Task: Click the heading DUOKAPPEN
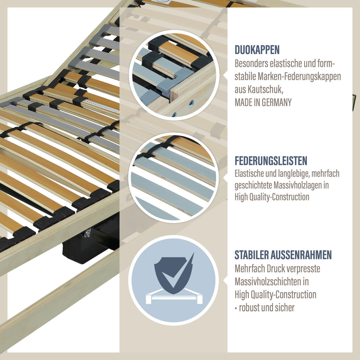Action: (x=257, y=50)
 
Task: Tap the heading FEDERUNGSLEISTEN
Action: (x=271, y=161)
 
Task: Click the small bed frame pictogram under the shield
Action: (x=174, y=297)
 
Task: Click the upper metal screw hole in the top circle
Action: (x=191, y=103)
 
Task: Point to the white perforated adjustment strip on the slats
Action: (x=101, y=106)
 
